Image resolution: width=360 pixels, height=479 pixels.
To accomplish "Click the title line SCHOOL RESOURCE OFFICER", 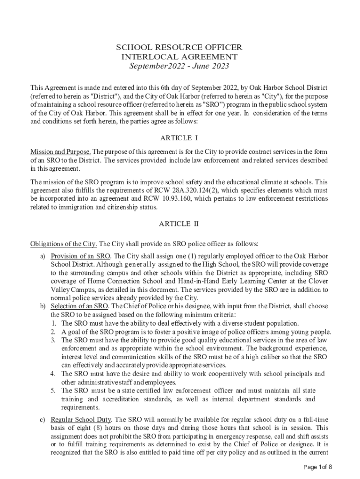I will point(179,48).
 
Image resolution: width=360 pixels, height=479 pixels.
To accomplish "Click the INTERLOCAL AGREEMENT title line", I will point(179,57).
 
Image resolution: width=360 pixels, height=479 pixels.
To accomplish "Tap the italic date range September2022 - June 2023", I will point(179,66).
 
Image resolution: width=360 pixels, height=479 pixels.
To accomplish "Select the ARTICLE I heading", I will point(179,138).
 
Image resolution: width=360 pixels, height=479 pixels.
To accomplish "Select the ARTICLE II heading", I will point(179,224).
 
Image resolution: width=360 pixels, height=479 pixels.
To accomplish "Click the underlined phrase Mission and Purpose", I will point(61,152).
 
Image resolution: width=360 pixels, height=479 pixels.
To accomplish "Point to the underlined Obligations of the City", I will point(64,244).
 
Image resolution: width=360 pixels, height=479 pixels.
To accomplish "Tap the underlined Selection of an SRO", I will point(79,306).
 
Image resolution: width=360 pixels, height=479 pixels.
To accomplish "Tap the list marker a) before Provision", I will point(43,256).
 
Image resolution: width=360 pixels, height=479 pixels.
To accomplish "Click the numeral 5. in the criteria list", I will point(54,391).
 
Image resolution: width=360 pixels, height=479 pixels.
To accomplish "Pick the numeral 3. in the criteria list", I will point(54,340).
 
